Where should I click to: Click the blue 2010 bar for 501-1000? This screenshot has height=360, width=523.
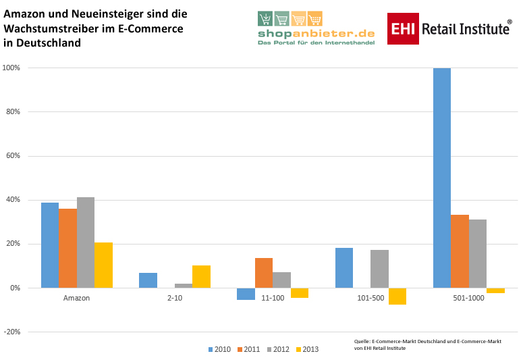click(442, 178)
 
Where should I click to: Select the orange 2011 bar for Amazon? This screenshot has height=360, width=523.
click(67, 248)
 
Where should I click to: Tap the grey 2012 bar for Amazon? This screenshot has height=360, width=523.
click(86, 242)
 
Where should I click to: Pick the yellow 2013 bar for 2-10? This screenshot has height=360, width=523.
click(201, 276)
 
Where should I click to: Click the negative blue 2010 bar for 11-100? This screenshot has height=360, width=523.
click(246, 293)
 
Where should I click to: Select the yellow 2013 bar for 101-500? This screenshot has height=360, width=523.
click(397, 296)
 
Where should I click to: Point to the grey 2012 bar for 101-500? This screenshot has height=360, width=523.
click(379, 269)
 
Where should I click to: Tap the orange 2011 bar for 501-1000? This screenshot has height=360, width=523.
click(460, 251)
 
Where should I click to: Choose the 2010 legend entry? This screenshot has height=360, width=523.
click(219, 349)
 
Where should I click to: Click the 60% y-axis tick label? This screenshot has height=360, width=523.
click(13, 156)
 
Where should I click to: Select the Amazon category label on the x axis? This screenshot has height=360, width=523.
click(76, 298)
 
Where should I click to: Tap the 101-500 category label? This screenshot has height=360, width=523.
click(370, 298)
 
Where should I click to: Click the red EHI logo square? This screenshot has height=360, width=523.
click(402, 29)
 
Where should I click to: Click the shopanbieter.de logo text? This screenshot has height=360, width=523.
click(316, 33)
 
